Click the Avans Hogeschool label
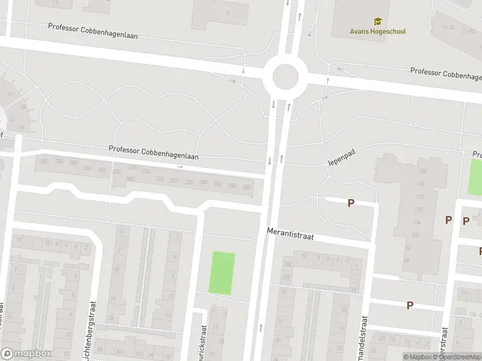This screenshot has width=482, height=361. (378, 31)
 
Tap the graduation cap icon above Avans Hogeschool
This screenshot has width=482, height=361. (378, 22)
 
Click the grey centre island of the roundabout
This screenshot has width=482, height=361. (285, 77)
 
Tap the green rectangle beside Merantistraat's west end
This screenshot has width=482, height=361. (222, 273)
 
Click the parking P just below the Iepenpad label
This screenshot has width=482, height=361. (351, 203)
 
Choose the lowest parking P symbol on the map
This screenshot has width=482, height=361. (410, 305)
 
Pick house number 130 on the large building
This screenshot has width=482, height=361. (415, 235)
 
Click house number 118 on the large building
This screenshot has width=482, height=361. (418, 209)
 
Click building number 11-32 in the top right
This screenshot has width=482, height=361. (448, 27)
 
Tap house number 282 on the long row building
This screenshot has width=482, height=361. (246, 187)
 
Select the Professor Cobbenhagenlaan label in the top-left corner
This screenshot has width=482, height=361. (93, 31)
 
